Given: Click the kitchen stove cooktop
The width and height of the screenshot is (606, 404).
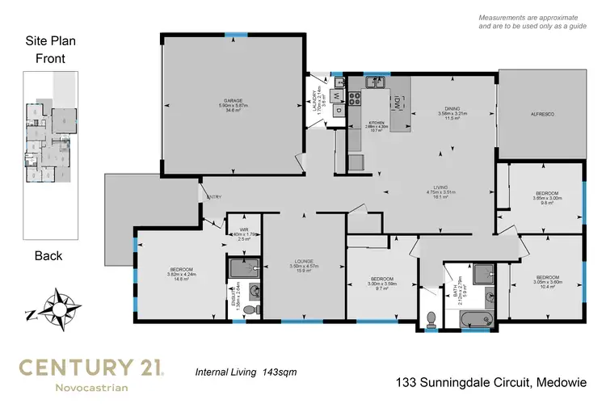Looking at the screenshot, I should [x=356, y=99].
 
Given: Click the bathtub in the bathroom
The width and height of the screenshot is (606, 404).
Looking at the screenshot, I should [x=480, y=319].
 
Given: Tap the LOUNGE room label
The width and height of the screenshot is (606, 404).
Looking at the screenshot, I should [x=304, y=261].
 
